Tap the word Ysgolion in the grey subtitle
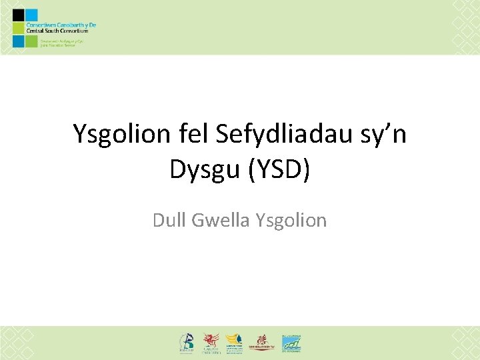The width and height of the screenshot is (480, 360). point(291,220)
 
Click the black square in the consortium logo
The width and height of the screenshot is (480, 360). point(18,15)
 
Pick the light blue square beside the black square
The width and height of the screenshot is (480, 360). point(30,15)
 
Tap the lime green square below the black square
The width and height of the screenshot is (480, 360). point(18,28)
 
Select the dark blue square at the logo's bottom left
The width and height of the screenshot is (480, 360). point(18,41)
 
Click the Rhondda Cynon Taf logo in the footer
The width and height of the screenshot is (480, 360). point(262,343)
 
